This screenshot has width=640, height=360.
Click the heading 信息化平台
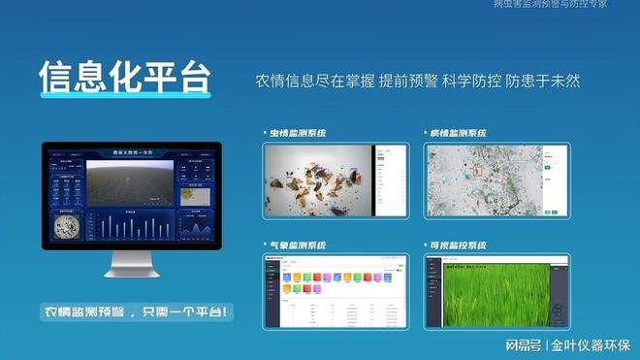click(x=125, y=79)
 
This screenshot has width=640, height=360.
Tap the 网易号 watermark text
click(x=522, y=345)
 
